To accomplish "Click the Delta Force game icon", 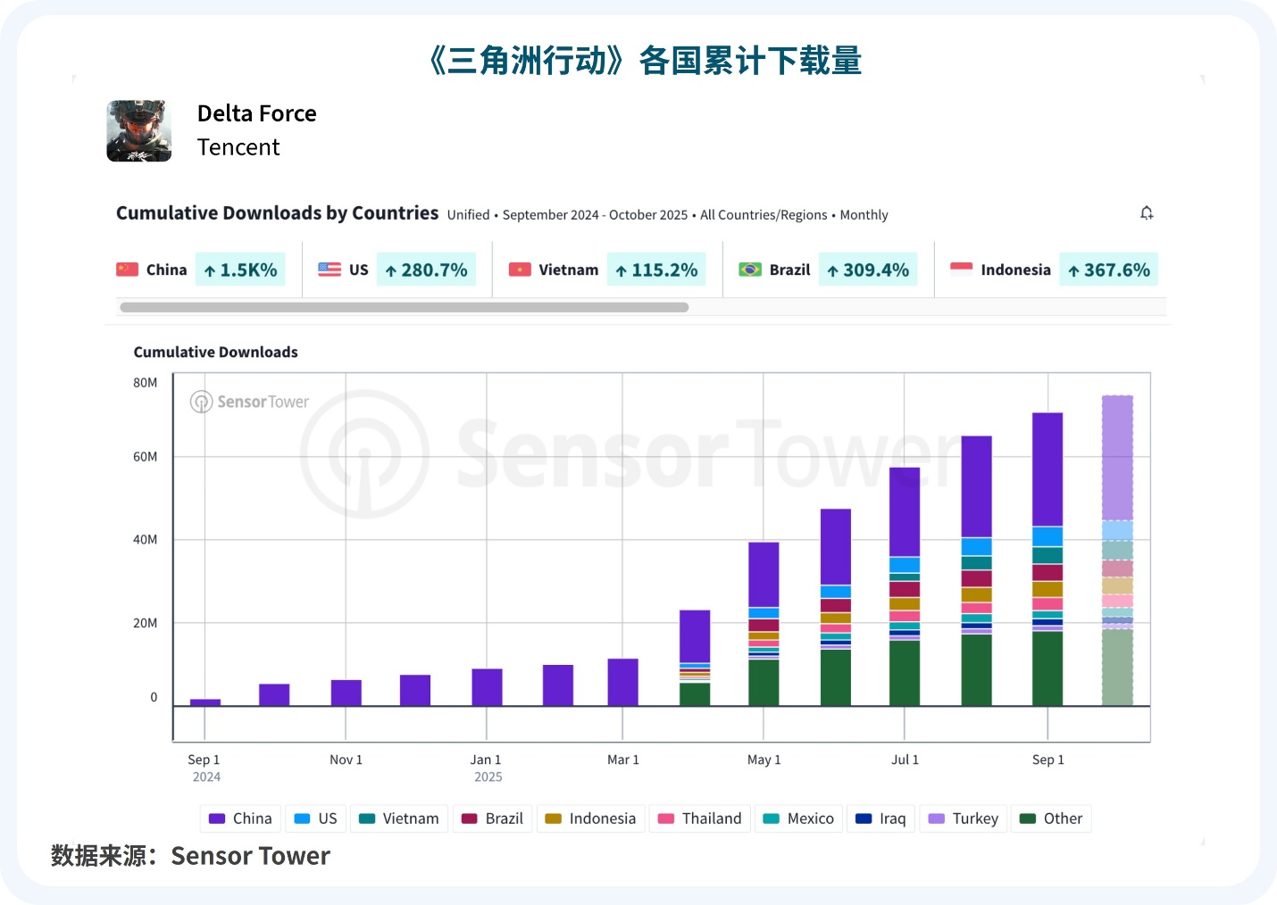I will click(x=138, y=130).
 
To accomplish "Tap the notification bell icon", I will click(x=1147, y=213).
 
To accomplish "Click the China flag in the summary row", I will click(x=128, y=270).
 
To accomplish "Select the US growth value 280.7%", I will click(x=426, y=270).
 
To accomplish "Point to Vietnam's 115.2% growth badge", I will click(x=656, y=270).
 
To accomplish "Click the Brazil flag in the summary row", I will click(x=750, y=270).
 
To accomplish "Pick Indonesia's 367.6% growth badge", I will click(x=1108, y=270).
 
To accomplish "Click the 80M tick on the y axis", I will click(x=145, y=383).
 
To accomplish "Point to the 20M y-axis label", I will click(x=145, y=623).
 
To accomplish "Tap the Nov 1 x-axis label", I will click(x=346, y=760).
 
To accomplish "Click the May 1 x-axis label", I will click(x=764, y=760).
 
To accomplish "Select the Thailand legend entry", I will click(x=700, y=818).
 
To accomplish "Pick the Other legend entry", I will click(x=1051, y=818).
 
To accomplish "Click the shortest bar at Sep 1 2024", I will click(x=205, y=702).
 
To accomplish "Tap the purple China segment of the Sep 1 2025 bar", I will click(x=1047, y=469).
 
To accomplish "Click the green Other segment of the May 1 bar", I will click(x=764, y=683).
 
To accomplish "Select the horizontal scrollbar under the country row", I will click(x=404, y=308).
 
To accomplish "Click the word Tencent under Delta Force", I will click(x=238, y=147).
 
